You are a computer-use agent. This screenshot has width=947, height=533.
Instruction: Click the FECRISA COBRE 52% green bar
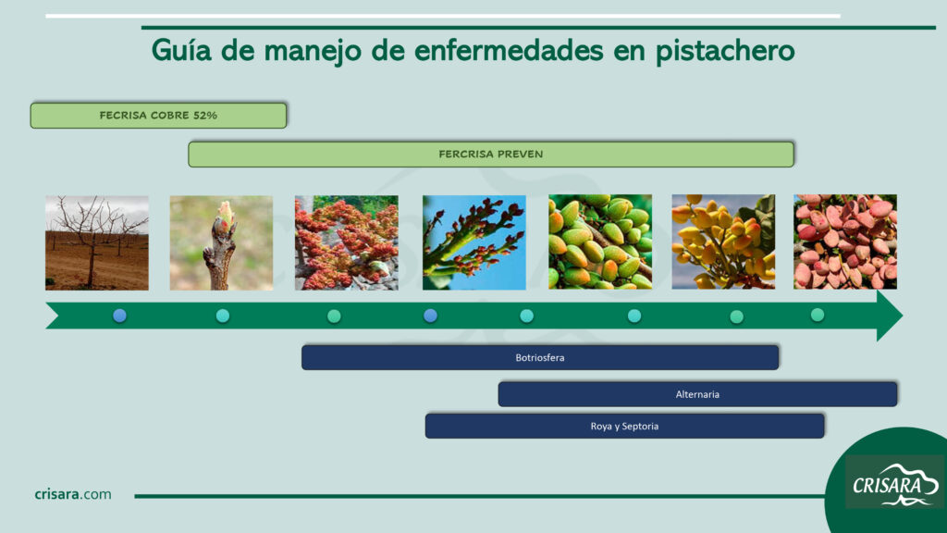click(x=158, y=116)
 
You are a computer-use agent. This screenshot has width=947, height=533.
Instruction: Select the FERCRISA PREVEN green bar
click(x=491, y=155)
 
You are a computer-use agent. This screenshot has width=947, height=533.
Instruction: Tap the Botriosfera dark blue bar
click(x=540, y=358)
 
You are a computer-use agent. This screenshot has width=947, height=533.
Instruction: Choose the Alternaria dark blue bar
click(x=697, y=394)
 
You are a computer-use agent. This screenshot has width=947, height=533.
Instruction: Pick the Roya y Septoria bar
click(x=624, y=426)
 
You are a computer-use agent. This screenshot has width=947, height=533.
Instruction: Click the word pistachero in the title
click(x=725, y=51)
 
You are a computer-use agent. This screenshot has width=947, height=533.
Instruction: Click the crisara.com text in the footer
click(x=73, y=494)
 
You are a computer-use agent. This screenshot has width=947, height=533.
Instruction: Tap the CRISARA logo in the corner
click(x=895, y=483)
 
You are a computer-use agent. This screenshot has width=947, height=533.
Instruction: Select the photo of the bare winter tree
click(x=96, y=243)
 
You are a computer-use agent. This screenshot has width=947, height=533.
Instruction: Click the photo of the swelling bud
click(x=221, y=243)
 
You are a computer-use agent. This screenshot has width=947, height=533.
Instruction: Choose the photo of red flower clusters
click(x=347, y=243)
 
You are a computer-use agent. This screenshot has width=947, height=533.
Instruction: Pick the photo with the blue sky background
click(x=474, y=243)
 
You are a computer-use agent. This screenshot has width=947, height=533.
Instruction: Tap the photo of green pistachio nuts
click(x=600, y=242)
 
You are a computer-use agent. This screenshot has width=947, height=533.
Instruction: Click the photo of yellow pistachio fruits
click(x=723, y=242)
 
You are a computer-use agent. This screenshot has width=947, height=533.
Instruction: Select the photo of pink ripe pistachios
click(x=845, y=242)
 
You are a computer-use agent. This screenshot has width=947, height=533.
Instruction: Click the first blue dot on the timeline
click(x=119, y=315)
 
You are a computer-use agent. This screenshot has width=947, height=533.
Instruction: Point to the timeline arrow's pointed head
click(x=903, y=316)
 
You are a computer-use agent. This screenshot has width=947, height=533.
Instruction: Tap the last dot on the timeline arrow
click(x=818, y=315)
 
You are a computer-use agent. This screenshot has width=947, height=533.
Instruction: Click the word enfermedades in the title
click(x=509, y=51)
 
